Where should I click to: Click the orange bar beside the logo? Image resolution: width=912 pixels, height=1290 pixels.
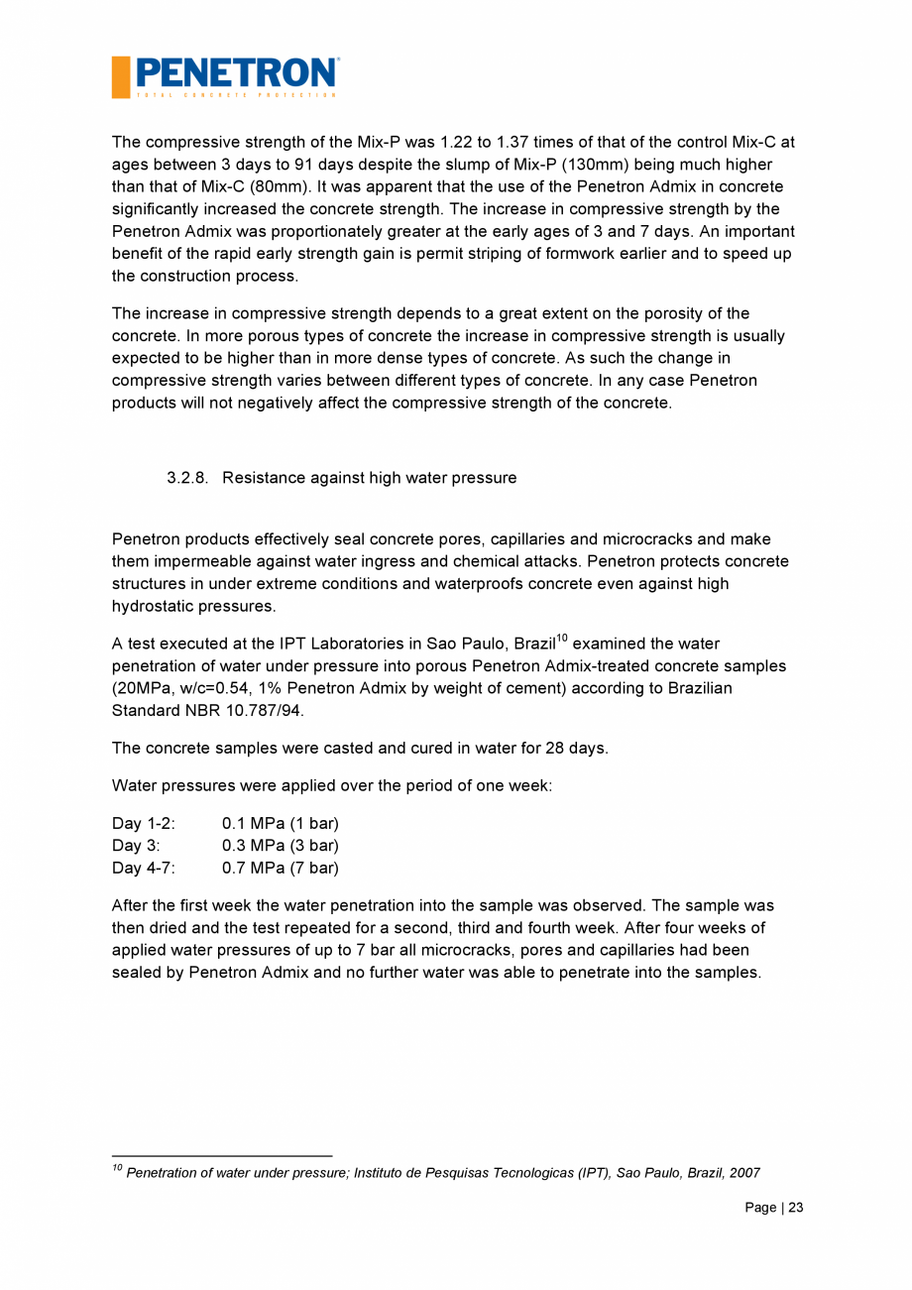coord(121,77)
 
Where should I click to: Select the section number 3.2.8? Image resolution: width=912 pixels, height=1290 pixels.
coord(186,478)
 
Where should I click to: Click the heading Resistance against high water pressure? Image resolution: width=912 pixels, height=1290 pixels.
coord(369,478)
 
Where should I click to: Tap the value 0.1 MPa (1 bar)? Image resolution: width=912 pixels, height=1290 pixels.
coord(281,824)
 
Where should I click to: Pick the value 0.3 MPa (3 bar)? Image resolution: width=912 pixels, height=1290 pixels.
coord(281,846)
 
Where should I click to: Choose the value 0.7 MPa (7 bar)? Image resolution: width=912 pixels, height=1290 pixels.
coord(281,869)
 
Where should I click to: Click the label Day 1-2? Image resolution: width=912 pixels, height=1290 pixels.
coord(144,824)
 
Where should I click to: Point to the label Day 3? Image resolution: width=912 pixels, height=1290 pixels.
coord(136,846)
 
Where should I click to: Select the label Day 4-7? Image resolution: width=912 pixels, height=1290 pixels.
coord(144,869)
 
